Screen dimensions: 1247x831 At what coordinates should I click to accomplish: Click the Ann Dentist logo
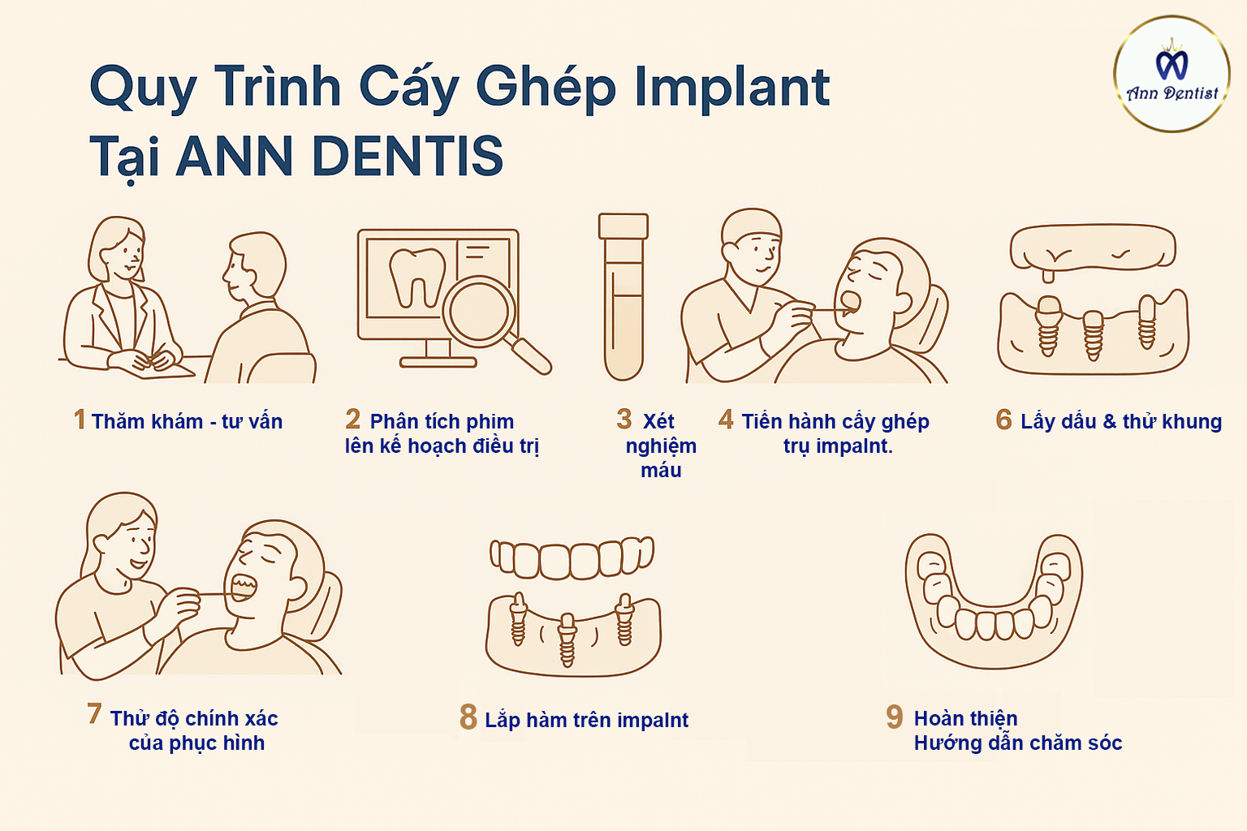pyautogui.click(x=1171, y=74)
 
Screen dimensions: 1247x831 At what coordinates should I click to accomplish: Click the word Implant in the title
pyautogui.click(x=732, y=88)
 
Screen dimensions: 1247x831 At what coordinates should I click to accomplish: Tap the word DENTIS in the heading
pyautogui.click(x=408, y=155)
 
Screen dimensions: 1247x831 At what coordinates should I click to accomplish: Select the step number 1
pyautogui.click(x=80, y=419)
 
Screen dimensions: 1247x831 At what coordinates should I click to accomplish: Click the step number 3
pyautogui.click(x=624, y=419)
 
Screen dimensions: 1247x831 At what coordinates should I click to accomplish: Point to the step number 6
pyautogui.click(x=1003, y=420)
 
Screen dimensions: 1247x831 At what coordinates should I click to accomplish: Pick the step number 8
pyautogui.click(x=468, y=717)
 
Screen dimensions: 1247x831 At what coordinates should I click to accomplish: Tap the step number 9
pyautogui.click(x=894, y=717)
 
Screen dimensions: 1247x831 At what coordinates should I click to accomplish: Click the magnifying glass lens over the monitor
pyautogui.click(x=478, y=311)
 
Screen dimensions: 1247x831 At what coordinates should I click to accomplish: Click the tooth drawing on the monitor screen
pyautogui.click(x=417, y=278)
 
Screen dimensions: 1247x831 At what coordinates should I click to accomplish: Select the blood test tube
pyautogui.click(x=623, y=297)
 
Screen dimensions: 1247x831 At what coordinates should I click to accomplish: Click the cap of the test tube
pyautogui.click(x=623, y=226)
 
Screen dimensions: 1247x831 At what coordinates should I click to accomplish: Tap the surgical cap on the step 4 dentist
pyautogui.click(x=752, y=226)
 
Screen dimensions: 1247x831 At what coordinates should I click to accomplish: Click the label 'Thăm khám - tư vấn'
pyautogui.click(x=187, y=421)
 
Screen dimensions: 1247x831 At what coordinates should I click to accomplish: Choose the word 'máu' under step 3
pyautogui.click(x=661, y=471)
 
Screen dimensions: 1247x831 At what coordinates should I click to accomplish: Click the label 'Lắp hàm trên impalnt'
pyautogui.click(x=587, y=720)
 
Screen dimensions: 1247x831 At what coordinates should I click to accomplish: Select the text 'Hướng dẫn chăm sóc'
pyautogui.click(x=1017, y=743)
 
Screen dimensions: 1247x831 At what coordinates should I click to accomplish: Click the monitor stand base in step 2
pyautogui.click(x=438, y=363)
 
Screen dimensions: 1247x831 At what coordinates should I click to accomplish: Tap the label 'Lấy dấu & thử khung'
pyautogui.click(x=1121, y=421)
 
